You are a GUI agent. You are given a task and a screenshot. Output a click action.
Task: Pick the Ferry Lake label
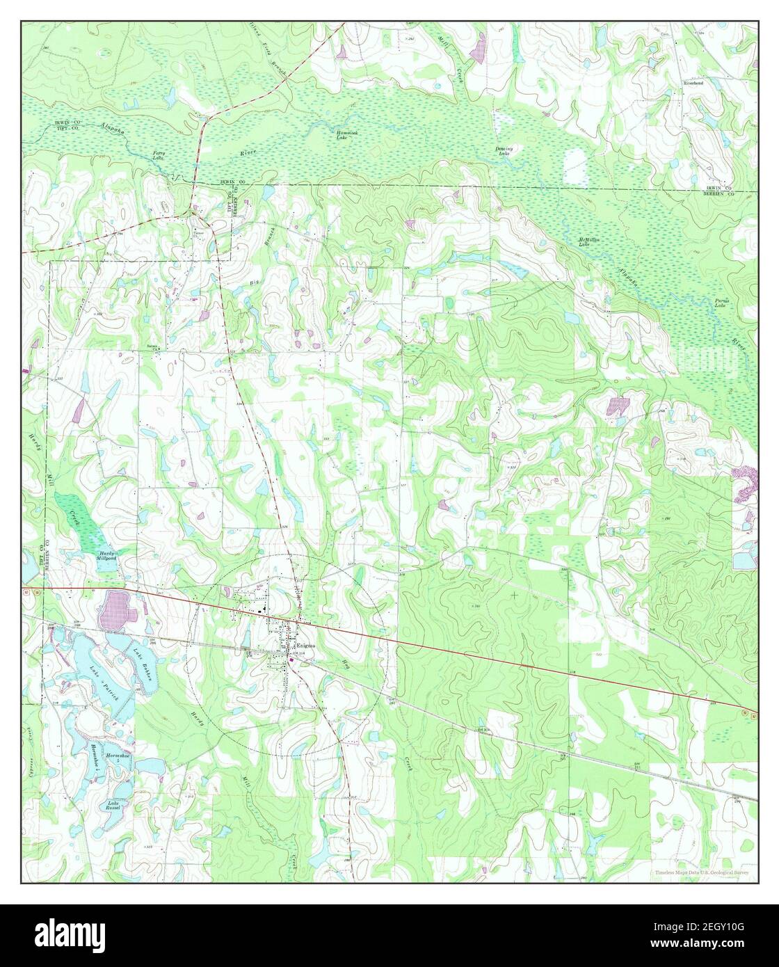click(x=159, y=155)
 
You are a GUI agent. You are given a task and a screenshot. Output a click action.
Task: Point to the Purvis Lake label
click(x=721, y=303)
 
